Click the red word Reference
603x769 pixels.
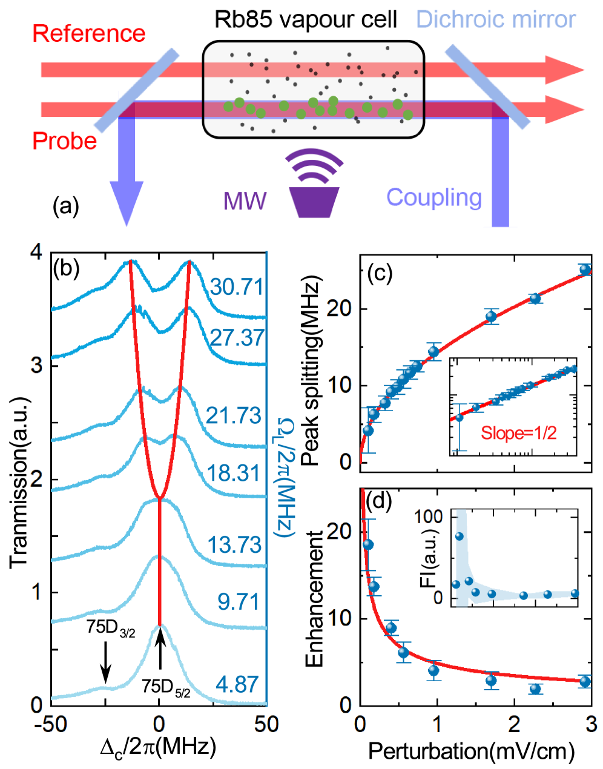89,33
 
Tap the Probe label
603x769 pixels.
64,141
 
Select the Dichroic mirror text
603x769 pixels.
496,20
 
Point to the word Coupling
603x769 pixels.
434,197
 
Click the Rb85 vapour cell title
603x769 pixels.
306,20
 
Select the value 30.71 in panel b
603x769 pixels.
237,286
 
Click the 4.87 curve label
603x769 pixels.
237,685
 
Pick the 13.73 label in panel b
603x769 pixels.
235,545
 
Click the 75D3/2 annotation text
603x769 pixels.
111,628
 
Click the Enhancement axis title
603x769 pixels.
315,599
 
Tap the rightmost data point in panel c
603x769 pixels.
585,269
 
